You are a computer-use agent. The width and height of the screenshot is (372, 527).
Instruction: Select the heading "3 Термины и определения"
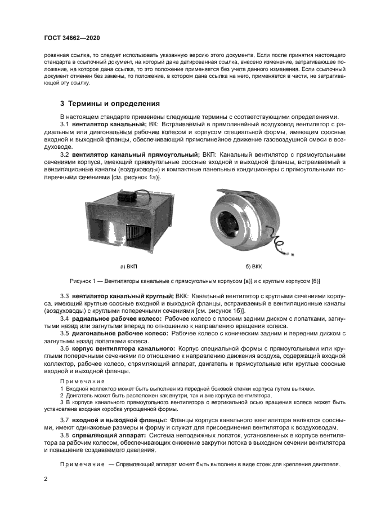110,104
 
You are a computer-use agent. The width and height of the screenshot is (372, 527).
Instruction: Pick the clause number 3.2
65,154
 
